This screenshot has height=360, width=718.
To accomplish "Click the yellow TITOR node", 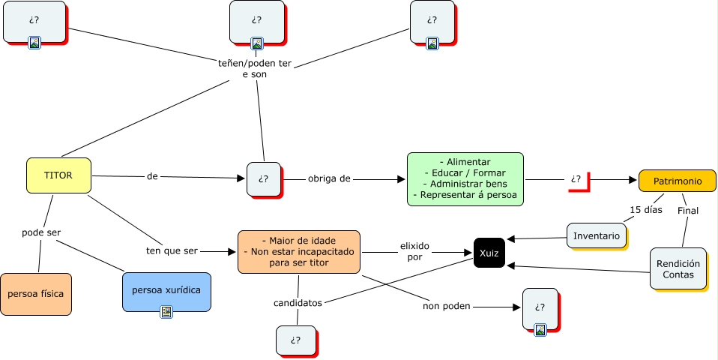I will (58, 175).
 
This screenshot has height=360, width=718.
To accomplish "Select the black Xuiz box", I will (489, 253).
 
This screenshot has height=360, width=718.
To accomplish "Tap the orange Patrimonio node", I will (677, 181).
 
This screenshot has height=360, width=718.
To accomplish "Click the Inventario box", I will (596, 235).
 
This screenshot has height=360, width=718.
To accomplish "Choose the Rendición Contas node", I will (678, 268).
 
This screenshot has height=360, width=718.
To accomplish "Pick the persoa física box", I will (36, 293).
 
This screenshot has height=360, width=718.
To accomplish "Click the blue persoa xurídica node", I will (166, 289).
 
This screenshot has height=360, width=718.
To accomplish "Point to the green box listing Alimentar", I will (465, 178).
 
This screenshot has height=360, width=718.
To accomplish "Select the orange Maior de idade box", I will (298, 251).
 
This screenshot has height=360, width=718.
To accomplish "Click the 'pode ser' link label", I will (41, 232).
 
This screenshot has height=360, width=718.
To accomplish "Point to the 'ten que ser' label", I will (172, 250).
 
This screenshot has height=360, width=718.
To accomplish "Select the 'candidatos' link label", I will (298, 303).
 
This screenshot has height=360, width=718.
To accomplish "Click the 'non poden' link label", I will (441, 306).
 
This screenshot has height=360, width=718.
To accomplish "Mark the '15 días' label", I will (645, 210).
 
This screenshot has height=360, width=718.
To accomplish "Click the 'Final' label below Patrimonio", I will (687, 211).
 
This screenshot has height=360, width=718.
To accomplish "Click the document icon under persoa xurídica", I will (166, 312).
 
